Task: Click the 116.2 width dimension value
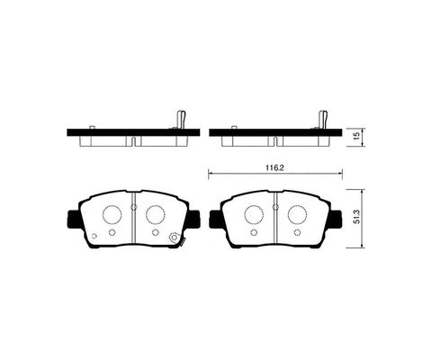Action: (274, 168)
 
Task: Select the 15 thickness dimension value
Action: (356, 137)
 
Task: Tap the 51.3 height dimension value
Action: (357, 217)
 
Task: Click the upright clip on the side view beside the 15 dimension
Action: (323, 120)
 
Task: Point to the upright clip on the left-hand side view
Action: (181, 120)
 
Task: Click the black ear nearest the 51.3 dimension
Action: (337, 219)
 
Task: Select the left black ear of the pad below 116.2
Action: (216, 219)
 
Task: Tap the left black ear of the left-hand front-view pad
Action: (74, 219)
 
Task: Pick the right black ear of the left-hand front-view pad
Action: (194, 219)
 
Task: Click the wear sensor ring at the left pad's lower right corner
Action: (174, 238)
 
